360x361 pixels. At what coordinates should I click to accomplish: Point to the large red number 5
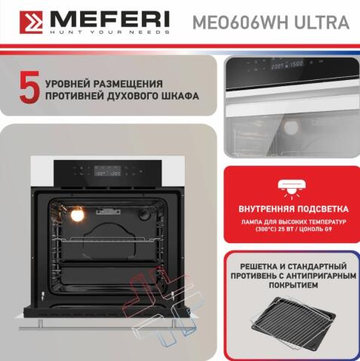coord(29,88)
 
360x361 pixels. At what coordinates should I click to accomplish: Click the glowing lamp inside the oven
coord(76,216)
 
